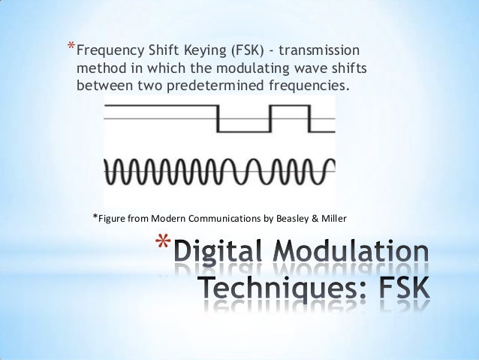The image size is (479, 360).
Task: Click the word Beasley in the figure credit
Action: coord(291,219)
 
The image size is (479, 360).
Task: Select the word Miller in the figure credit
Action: coord(333,219)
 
